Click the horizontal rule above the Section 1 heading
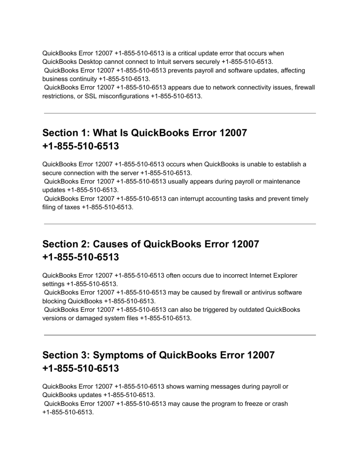180,113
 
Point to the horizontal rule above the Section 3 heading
180,335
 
